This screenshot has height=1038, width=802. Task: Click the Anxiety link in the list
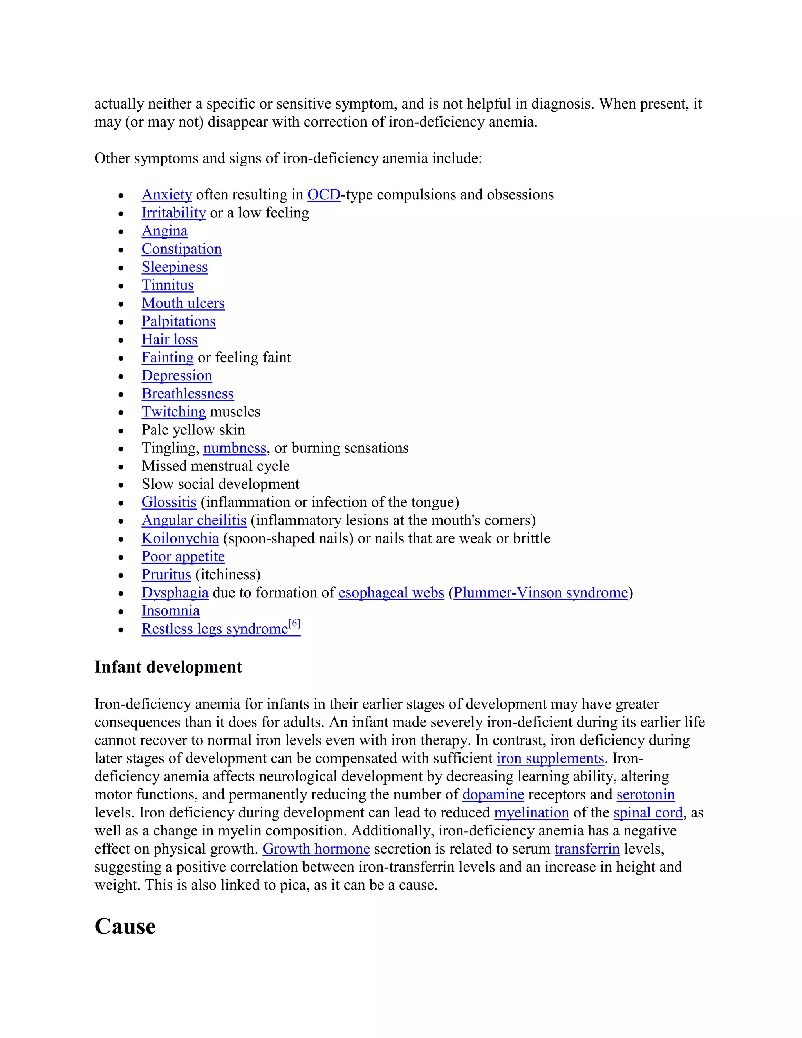point(166,195)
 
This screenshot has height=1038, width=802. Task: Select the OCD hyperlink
point(323,195)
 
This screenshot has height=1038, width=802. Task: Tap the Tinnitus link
point(167,285)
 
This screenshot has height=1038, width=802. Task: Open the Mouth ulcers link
point(183,303)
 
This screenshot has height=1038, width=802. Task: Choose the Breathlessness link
point(187,394)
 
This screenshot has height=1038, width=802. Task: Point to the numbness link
point(235,448)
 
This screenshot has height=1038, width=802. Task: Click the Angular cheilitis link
point(194,521)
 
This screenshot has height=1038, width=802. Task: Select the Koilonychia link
point(180,539)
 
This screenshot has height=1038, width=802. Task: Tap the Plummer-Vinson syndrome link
point(541,593)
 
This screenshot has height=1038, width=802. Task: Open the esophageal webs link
point(391,593)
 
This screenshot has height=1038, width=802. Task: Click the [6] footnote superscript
point(294,624)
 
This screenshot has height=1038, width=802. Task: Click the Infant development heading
point(168,667)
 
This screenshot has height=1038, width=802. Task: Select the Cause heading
point(125,926)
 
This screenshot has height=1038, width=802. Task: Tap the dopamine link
point(493,794)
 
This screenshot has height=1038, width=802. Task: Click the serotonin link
point(645,794)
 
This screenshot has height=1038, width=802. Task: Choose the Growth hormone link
point(316,849)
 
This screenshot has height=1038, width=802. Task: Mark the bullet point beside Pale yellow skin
point(121,430)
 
